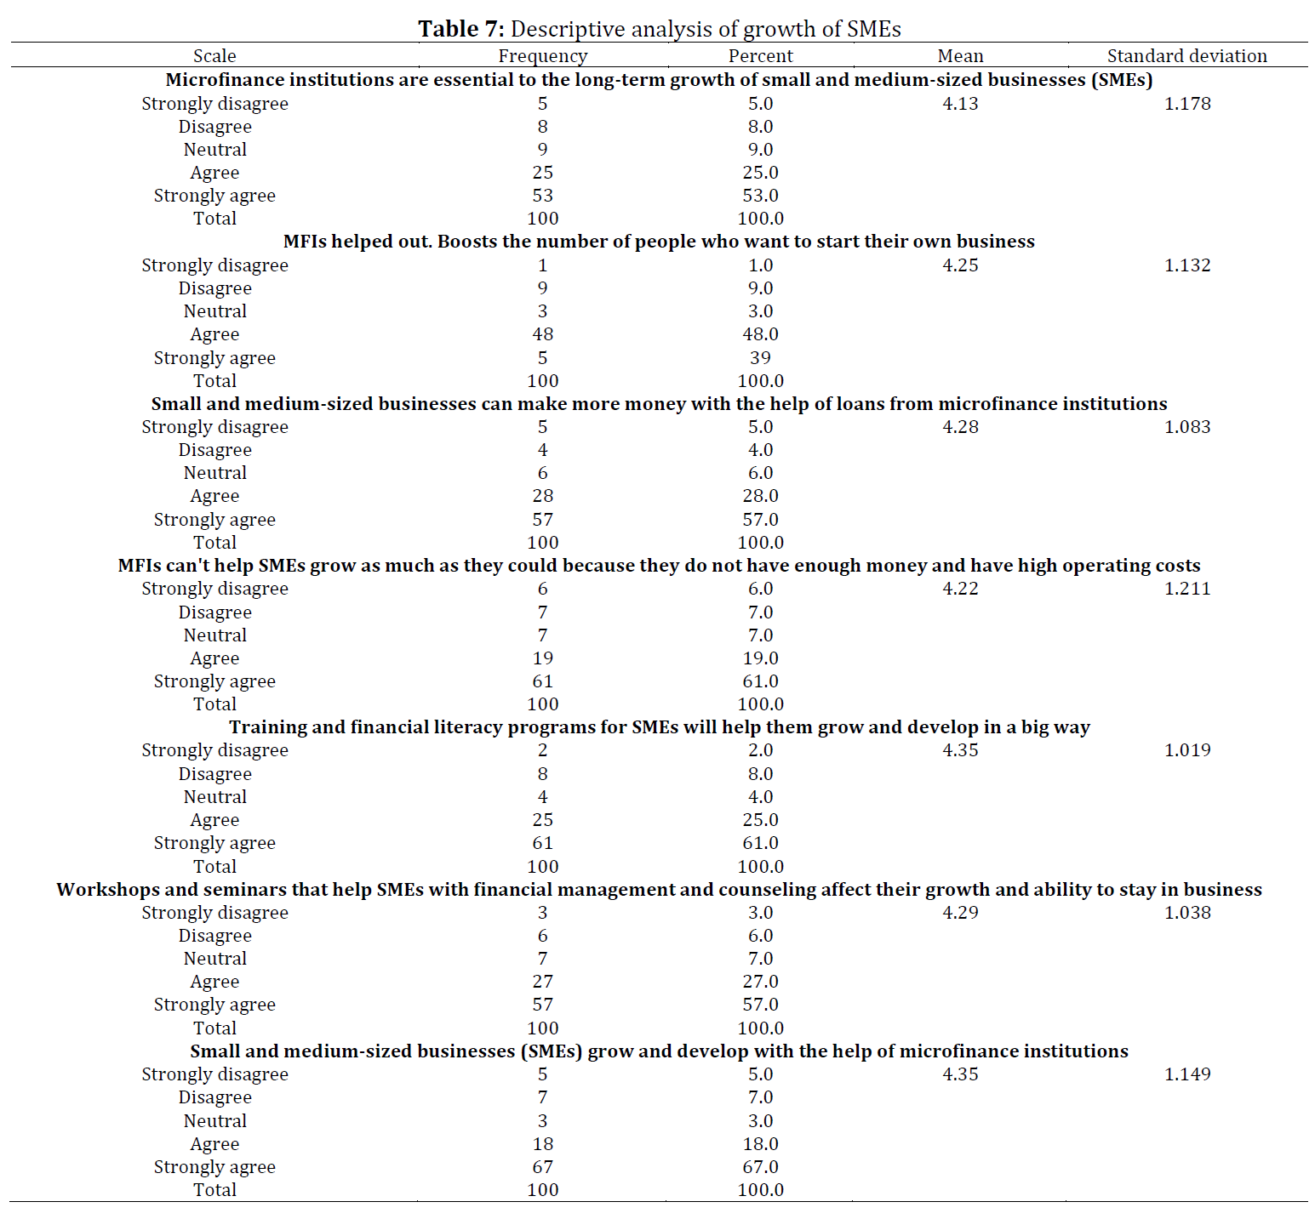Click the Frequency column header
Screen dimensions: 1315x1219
543,56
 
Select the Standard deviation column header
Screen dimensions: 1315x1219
1187,56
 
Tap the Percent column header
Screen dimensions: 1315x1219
761,56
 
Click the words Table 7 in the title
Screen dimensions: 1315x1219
461,29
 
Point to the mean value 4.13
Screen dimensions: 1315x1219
961,104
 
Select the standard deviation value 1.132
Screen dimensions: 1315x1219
1187,265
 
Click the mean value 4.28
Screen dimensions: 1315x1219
961,427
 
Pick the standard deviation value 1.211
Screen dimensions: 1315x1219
1187,589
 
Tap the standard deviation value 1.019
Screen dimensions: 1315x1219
1187,750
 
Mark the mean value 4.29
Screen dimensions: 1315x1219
961,913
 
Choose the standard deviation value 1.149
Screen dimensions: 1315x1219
1187,1074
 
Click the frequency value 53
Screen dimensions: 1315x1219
543,196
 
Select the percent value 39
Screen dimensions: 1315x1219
761,358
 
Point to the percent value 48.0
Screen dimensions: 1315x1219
761,334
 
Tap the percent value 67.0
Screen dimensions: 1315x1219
761,1167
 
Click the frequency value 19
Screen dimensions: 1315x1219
543,658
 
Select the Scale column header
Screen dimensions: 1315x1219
214,56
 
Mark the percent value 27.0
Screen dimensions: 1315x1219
761,982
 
